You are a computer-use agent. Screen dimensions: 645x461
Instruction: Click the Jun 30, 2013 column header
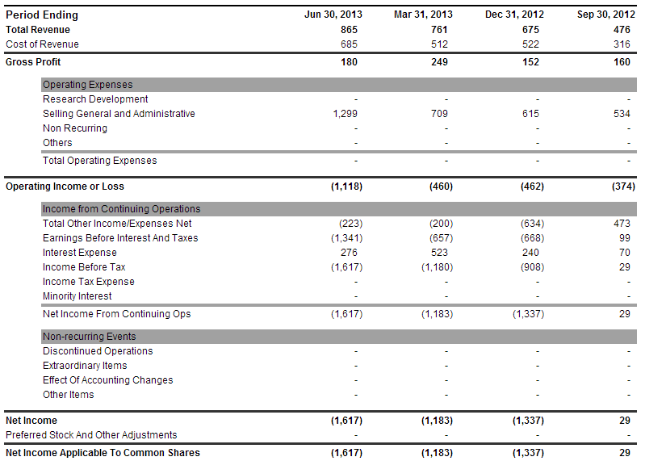[x=333, y=15]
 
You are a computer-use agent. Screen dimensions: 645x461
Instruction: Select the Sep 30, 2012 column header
[x=606, y=15]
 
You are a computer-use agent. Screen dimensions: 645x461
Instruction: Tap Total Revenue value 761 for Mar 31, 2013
[x=439, y=30]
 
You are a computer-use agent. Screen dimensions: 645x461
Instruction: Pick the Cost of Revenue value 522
[x=530, y=44]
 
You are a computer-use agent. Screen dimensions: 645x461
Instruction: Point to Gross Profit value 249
[x=439, y=62]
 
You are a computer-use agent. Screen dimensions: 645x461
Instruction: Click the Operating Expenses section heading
[x=88, y=85]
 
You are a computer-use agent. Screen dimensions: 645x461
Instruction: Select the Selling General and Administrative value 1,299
[x=346, y=114]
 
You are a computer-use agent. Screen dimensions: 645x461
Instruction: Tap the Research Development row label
[x=95, y=99]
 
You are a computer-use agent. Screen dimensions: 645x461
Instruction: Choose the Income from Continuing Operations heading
[x=121, y=209]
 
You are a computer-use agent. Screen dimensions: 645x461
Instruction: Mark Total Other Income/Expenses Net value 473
[x=622, y=224]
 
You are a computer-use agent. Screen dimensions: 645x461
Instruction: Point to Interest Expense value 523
[x=439, y=253]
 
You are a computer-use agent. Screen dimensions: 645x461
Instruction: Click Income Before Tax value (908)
[x=532, y=267]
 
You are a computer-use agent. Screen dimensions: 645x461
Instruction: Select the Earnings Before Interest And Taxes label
[x=120, y=238]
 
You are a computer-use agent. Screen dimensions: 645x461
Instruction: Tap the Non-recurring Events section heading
[x=90, y=337]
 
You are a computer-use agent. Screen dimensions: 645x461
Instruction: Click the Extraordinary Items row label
[x=85, y=366]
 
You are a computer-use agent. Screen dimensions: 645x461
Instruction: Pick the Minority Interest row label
[x=77, y=296]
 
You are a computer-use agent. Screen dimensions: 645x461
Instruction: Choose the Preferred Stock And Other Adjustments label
[x=91, y=435]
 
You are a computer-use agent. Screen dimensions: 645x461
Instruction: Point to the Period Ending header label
[x=42, y=15]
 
